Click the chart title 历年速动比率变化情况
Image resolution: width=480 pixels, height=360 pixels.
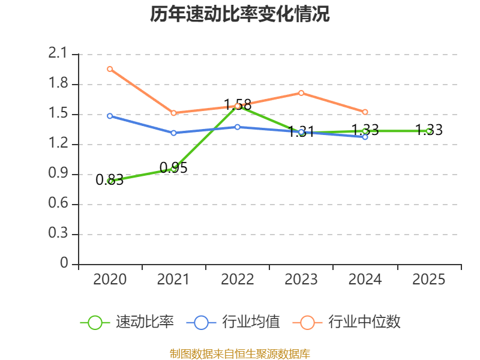coord(240,14)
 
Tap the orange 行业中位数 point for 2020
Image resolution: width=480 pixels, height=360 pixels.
coord(110,69)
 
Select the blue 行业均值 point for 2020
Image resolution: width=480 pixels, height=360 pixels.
coord(110,116)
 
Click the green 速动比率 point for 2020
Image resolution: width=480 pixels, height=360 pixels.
coord(110,181)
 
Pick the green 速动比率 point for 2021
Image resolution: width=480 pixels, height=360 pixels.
coord(173,169)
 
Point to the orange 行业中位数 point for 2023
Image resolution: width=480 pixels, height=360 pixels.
coord(301,93)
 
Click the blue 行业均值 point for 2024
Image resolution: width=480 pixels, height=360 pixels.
coord(365,137)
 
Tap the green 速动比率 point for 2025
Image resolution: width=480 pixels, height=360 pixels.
coord(428,131)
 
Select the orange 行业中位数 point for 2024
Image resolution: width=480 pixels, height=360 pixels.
coord(365,112)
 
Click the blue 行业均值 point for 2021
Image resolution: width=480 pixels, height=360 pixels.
coord(173,133)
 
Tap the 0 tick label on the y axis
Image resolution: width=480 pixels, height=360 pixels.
coord(64,264)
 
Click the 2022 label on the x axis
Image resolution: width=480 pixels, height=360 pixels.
coord(237,280)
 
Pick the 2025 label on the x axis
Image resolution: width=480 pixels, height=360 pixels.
coord(428,280)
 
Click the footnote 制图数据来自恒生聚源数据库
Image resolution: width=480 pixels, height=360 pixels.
coord(240,353)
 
